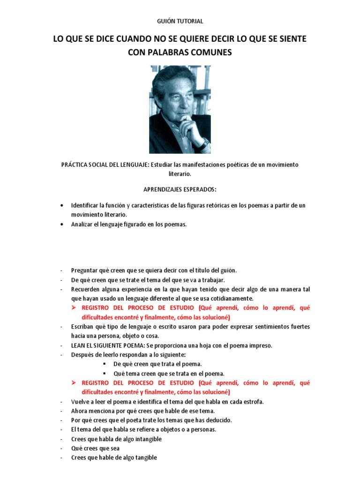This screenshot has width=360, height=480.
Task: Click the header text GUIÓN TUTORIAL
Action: click(180, 21)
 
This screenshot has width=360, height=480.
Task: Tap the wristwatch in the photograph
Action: click(202, 144)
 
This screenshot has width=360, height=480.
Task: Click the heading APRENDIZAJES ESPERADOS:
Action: click(180, 189)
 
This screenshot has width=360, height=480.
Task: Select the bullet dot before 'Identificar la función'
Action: click(62, 206)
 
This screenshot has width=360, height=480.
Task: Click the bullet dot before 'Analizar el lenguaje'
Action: click(62, 225)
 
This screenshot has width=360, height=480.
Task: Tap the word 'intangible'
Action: click(145, 439)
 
